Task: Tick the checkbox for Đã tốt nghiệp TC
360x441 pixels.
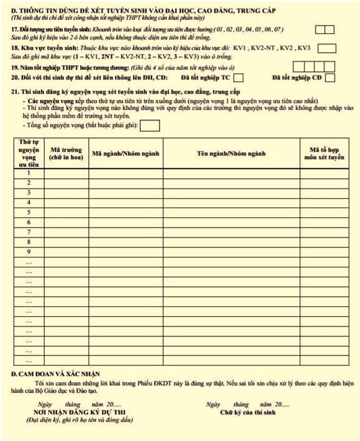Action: click(238, 78)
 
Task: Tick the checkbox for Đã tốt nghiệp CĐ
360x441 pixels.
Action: click(330, 78)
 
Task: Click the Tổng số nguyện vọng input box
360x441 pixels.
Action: click(150, 126)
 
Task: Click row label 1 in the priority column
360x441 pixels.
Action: click(29, 173)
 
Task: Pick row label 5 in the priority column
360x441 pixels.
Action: click(29, 212)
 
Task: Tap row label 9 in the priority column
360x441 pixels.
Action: click(29, 251)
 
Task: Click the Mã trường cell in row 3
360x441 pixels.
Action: click(66, 193)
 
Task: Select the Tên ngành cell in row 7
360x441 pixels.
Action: click(231, 232)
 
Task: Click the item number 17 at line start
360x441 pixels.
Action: click(15, 29)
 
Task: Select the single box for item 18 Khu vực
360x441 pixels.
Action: click(326, 48)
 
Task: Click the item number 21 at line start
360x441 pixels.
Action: click(15, 92)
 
